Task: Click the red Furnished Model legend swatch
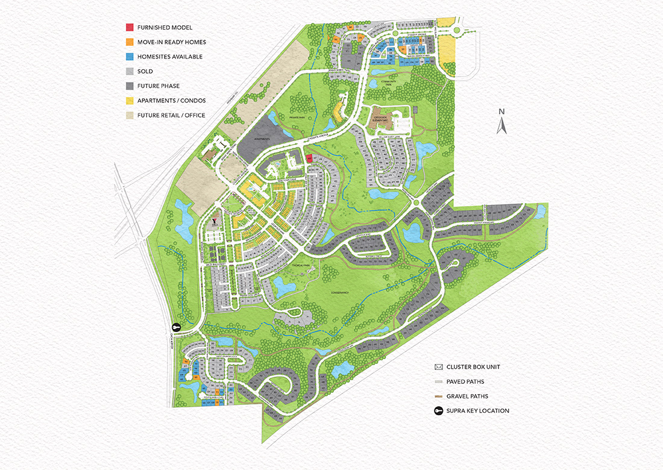click(x=130, y=28)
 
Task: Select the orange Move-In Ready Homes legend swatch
click(x=130, y=42)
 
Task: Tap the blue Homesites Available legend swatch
click(x=130, y=57)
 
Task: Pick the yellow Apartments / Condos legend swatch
click(x=130, y=101)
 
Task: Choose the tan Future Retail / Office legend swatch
click(x=130, y=115)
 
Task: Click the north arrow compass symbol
click(x=500, y=122)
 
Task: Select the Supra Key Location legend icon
click(x=438, y=411)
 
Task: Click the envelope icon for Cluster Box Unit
click(x=438, y=367)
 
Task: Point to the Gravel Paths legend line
click(x=438, y=396)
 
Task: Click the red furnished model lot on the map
click(x=309, y=159)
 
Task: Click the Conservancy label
click(x=341, y=293)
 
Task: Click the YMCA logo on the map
click(x=214, y=221)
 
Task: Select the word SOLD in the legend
click(x=145, y=72)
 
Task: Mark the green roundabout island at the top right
click(x=456, y=30)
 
